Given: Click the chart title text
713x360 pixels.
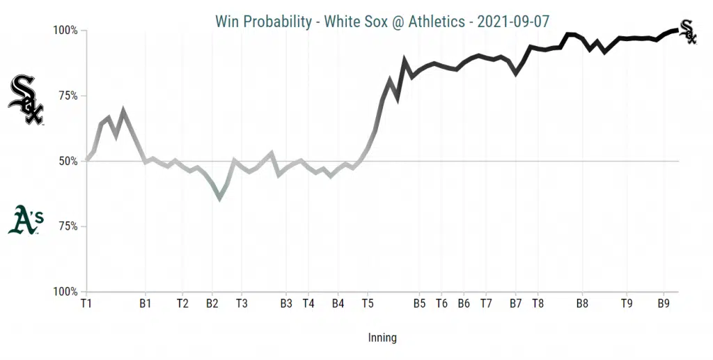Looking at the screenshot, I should (x=382, y=22).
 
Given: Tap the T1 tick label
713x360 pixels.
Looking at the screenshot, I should (x=86, y=304).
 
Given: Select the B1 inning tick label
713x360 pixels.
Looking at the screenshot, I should (x=146, y=304).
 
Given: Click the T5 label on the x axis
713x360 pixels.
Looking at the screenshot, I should (x=368, y=304).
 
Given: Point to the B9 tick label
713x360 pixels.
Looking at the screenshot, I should (x=664, y=304).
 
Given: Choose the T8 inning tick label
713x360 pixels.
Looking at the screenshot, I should (x=538, y=304).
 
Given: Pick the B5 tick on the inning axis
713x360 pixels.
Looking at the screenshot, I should (x=419, y=304).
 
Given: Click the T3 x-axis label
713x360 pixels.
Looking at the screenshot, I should (x=242, y=304).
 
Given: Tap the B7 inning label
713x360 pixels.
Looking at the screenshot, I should (x=515, y=304).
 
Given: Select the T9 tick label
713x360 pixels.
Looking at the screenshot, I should (x=627, y=304).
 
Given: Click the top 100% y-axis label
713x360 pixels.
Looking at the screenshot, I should (x=65, y=31).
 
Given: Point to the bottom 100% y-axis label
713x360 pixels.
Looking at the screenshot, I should (x=65, y=292).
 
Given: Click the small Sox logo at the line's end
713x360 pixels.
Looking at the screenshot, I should (x=688, y=31).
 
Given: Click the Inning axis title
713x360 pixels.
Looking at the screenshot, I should (x=382, y=338).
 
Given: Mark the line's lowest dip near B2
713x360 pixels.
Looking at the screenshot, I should (x=220, y=199).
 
